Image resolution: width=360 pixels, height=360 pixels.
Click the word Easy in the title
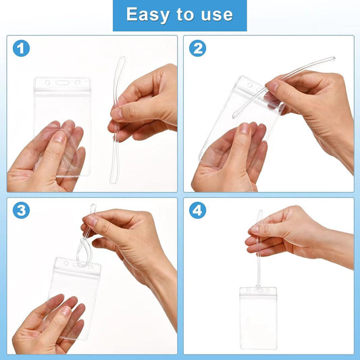(147, 15)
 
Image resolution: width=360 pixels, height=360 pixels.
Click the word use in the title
(216, 15)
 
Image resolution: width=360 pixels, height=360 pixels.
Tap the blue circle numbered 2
(197, 49)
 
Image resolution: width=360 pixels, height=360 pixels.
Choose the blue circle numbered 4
(197, 210)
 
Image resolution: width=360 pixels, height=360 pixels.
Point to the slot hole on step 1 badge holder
(62, 83)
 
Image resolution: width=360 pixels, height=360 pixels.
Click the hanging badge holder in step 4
(258, 317)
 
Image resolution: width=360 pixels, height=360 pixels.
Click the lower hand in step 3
(47, 324)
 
